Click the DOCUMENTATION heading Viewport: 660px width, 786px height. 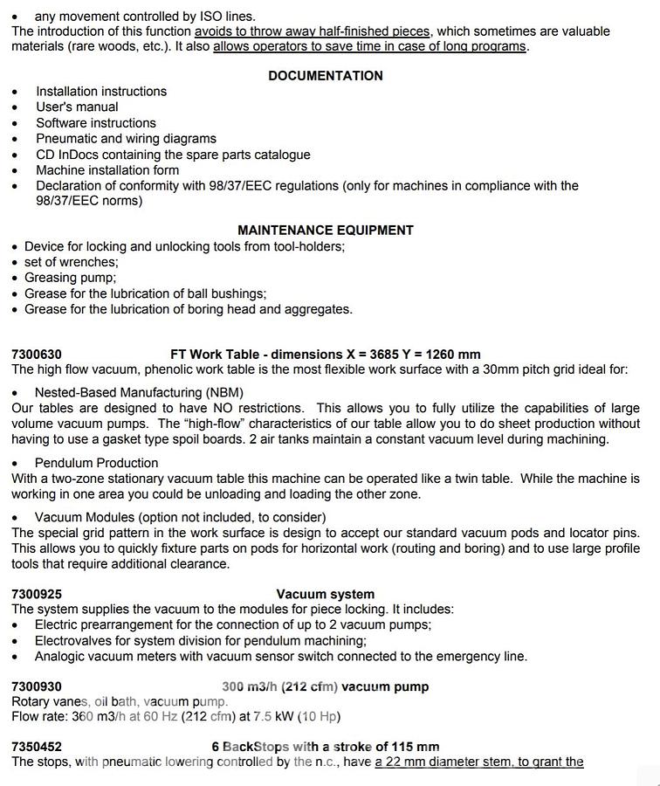[x=325, y=76]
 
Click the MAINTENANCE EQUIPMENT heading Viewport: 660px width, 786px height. [x=325, y=231]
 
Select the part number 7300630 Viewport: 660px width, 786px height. [x=37, y=355]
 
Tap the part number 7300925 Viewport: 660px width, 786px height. [x=37, y=595]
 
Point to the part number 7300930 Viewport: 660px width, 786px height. [x=37, y=687]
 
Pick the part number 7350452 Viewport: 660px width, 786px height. [x=37, y=747]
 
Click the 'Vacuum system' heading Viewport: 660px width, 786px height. [x=325, y=595]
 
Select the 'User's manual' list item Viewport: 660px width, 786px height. [x=77, y=107]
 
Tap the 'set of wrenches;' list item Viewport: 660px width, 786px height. [x=72, y=262]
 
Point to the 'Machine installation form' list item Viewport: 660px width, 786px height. [x=107, y=170]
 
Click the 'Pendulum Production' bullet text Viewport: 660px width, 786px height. [x=96, y=463]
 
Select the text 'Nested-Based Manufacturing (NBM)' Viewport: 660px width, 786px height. [x=139, y=393]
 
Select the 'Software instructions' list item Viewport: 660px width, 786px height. [x=96, y=123]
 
